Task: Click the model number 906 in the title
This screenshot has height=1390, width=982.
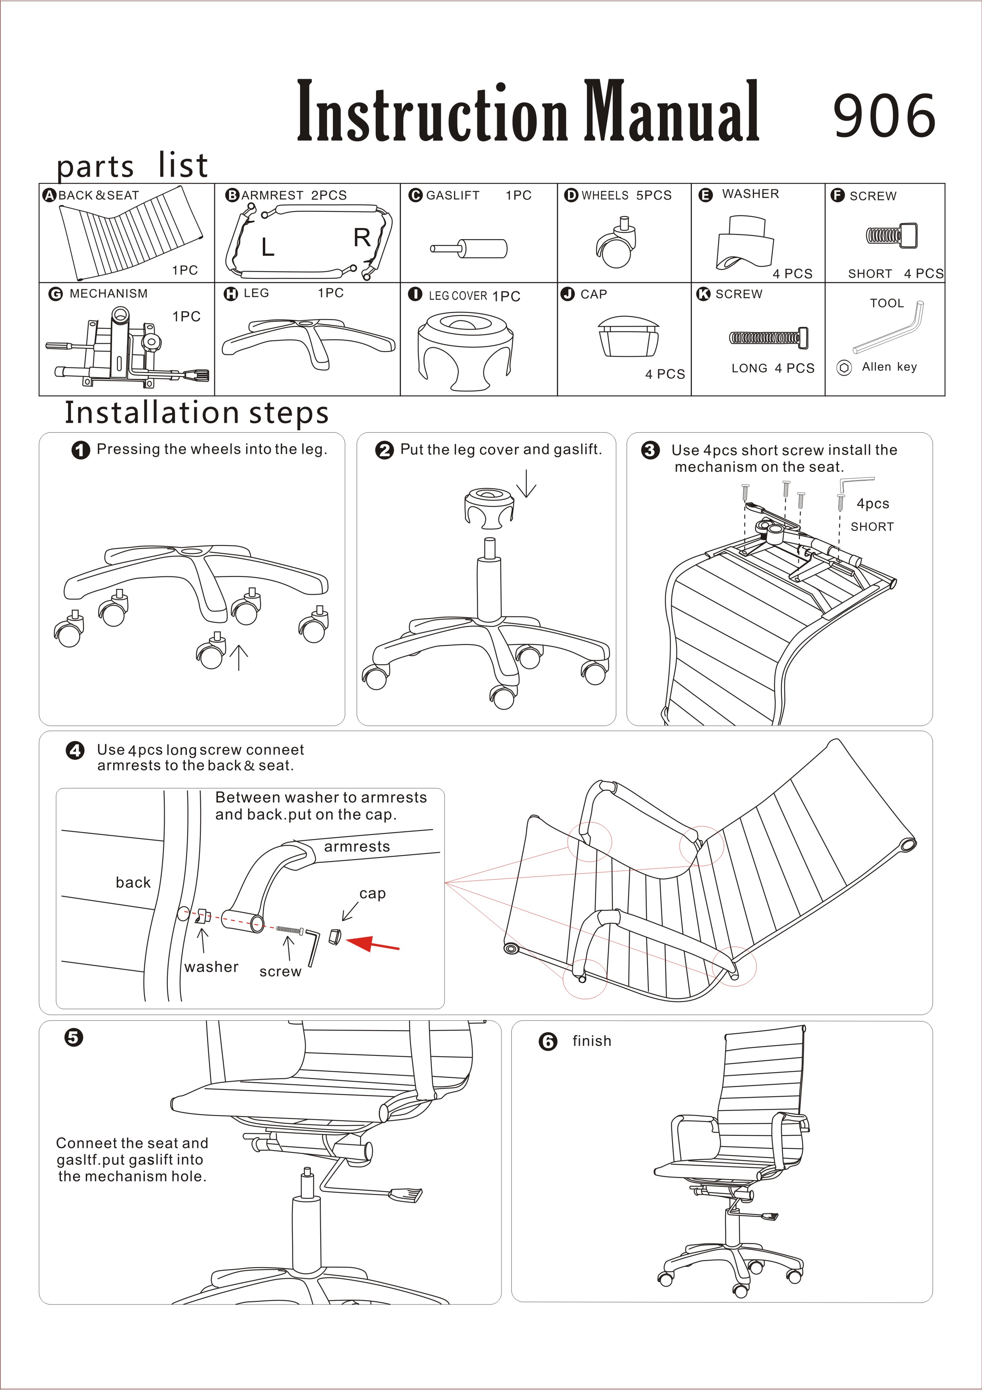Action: tap(884, 115)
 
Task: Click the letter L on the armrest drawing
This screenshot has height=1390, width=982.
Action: tap(268, 247)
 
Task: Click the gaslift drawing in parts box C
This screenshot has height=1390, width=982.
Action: tap(469, 248)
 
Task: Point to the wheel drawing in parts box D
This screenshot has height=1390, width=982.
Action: tap(616, 245)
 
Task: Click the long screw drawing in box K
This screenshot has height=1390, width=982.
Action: tap(768, 338)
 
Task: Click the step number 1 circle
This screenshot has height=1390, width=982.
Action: tap(80, 451)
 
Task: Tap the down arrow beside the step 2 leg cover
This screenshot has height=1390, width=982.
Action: tap(527, 483)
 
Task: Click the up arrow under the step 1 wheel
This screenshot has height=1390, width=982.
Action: tap(239, 657)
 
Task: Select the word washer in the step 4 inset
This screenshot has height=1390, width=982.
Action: tap(211, 967)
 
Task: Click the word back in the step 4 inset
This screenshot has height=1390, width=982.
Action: tap(133, 882)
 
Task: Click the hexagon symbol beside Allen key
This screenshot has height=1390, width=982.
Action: tap(844, 367)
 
